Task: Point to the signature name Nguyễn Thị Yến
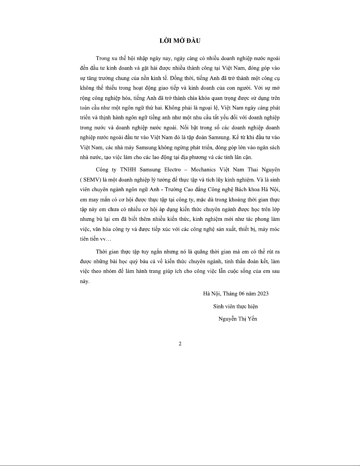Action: point(238,319)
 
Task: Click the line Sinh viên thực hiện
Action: point(235,306)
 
